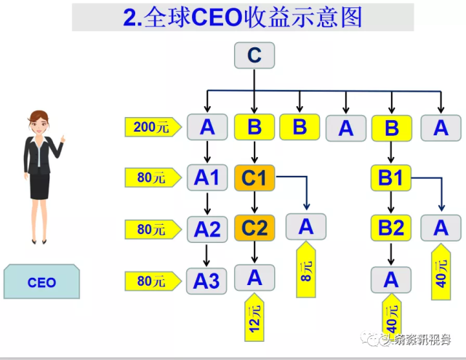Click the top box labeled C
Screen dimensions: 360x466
click(x=254, y=56)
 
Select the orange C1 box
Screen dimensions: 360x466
click(x=254, y=177)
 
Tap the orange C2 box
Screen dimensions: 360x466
click(x=254, y=228)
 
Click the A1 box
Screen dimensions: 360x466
click(x=207, y=177)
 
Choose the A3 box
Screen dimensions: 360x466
click(x=207, y=280)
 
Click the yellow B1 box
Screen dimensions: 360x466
click(x=391, y=177)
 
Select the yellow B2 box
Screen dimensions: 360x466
click(x=391, y=228)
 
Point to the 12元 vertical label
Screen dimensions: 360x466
click(x=254, y=319)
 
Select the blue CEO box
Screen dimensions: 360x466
click(x=41, y=282)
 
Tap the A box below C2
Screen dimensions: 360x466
click(x=254, y=277)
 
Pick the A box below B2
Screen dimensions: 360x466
click(x=391, y=279)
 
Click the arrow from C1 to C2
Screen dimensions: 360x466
click(x=254, y=202)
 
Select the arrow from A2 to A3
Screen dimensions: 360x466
click(x=207, y=255)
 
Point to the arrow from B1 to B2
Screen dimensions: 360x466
click(x=391, y=202)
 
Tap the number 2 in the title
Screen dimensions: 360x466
click(x=130, y=17)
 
